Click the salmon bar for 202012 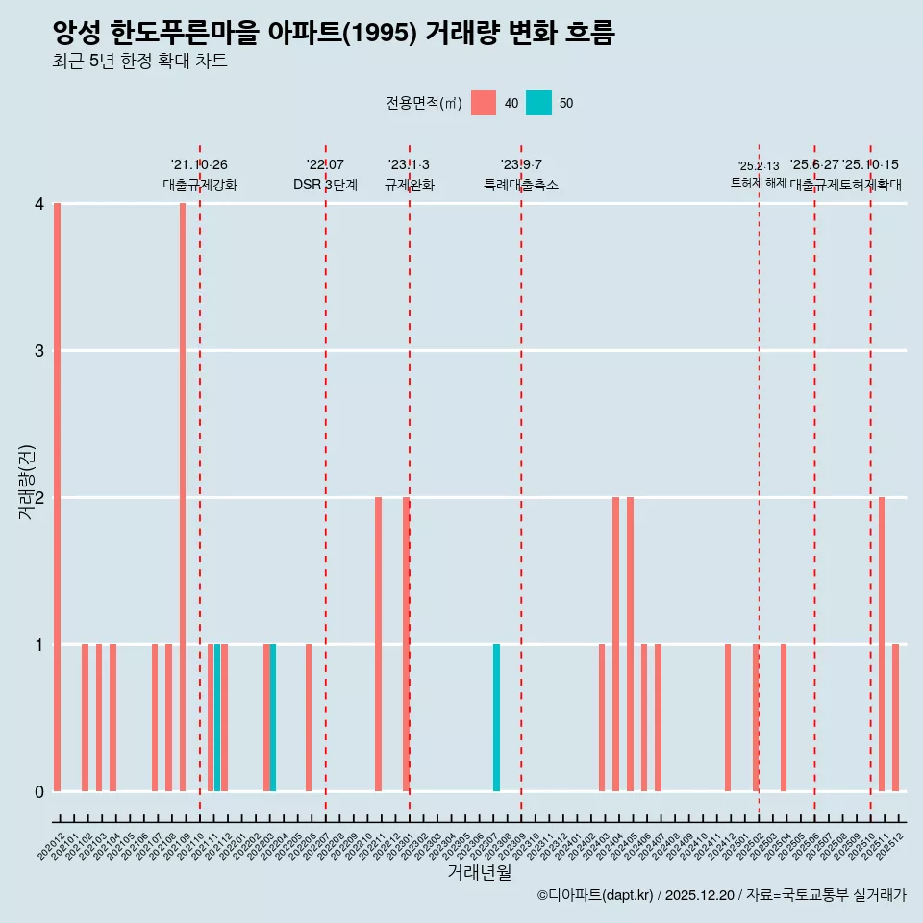click(58, 497)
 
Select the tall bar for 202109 click(183, 497)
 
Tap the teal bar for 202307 click(496, 717)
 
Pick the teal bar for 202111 click(217, 717)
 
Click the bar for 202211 click(378, 644)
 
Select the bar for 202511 click(881, 644)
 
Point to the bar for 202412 click(728, 717)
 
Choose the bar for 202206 click(309, 717)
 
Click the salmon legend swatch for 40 click(484, 103)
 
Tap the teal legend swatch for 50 click(539, 103)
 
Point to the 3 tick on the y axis click(39, 351)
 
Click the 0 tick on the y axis click(39, 791)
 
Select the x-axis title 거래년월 click(479, 872)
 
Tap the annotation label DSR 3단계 click(325, 185)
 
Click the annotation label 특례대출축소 click(520, 185)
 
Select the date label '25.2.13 click(759, 166)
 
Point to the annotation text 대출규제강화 click(199, 185)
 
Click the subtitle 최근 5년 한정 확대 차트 click(140, 62)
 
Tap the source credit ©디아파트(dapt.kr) click(595, 895)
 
